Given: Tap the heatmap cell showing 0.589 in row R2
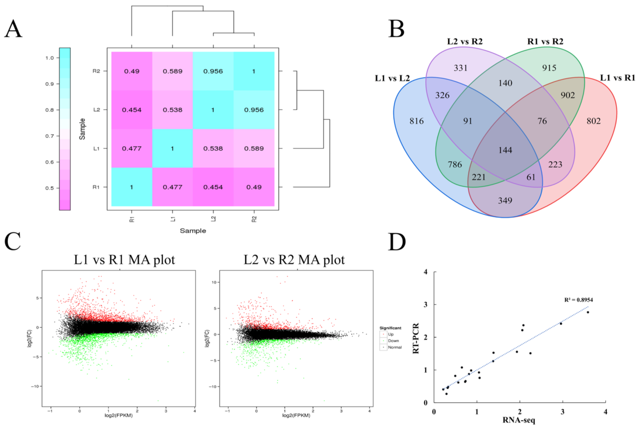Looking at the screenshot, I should point(172,71).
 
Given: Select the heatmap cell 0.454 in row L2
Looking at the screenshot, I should point(132,110).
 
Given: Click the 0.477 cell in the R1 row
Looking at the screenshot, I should point(172,187).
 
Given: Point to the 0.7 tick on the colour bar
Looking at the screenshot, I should point(50,136).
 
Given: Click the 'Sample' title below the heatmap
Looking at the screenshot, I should point(193,231).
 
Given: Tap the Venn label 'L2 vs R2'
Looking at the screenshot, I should point(465,41).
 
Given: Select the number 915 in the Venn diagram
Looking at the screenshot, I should point(549,68).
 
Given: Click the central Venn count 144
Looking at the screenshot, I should point(505,150).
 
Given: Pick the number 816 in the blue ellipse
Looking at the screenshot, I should point(416,121).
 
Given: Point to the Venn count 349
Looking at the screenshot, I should point(505,200).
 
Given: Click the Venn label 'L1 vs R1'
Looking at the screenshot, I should point(617,78).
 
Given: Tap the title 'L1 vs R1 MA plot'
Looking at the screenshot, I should point(124,260).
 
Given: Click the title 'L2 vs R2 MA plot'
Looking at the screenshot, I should point(294,260).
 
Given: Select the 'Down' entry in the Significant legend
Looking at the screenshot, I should point(393,341).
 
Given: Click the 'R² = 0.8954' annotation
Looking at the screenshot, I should point(579,300).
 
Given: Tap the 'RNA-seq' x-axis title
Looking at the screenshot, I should point(519,420).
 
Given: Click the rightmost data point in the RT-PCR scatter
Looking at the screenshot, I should point(588,312).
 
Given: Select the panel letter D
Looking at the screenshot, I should point(397,242).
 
